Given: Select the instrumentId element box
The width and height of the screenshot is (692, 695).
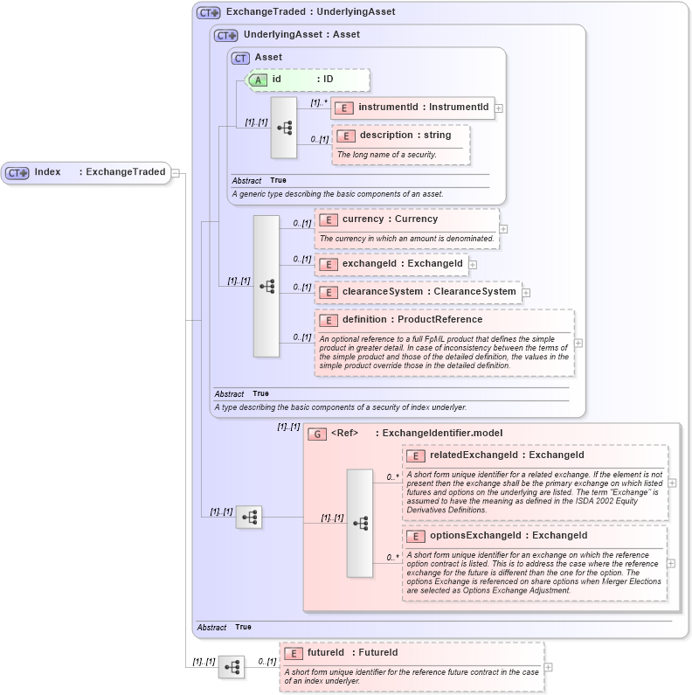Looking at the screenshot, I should tap(412, 108).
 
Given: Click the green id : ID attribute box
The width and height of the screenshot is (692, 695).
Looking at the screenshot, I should tap(308, 80).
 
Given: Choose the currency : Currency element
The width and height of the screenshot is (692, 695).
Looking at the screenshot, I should tap(389, 219).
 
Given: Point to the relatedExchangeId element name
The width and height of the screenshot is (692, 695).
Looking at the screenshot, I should tap(506, 455).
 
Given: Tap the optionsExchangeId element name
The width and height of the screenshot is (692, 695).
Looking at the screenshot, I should tap(508, 535).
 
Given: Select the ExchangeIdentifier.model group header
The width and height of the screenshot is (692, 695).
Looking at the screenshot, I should tap(441, 433).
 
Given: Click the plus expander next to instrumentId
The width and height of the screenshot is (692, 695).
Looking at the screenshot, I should tap(499, 108).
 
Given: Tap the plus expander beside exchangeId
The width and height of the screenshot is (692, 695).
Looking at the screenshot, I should tap(473, 264).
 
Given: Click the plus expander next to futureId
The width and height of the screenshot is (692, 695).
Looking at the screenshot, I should tap(548, 666).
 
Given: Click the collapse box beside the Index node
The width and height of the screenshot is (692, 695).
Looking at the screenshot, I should tap(176, 173).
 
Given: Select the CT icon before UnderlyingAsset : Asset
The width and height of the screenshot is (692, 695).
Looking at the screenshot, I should tap(226, 35).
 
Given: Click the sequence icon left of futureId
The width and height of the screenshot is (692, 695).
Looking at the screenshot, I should tap(232, 667).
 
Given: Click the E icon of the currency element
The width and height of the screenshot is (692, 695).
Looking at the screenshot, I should tap(329, 219).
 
